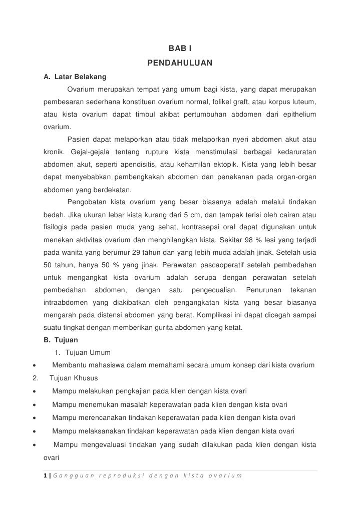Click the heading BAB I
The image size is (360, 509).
[180, 49]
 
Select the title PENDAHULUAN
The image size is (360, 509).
[180, 63]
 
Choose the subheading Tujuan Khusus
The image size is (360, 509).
[74, 378]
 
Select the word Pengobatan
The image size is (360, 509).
[86, 202]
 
